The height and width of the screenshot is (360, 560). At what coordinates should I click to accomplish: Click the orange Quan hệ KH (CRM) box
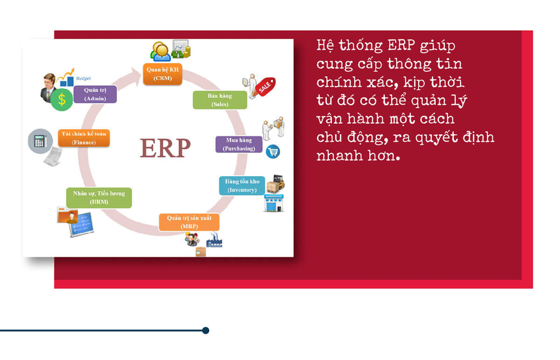point(162,74)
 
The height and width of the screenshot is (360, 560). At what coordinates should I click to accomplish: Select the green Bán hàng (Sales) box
point(220,100)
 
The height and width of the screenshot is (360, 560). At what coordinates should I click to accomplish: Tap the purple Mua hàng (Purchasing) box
point(239,145)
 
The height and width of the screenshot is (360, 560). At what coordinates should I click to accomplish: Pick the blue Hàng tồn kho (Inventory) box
point(242,186)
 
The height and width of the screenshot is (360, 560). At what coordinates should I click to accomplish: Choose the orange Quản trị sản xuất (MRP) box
point(189,222)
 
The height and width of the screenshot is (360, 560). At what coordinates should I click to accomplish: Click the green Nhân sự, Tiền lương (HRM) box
point(99,198)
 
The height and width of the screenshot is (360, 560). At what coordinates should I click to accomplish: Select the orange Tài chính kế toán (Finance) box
point(84,138)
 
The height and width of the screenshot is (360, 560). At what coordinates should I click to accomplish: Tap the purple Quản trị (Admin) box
point(95,94)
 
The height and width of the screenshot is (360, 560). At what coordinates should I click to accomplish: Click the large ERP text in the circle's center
point(165,148)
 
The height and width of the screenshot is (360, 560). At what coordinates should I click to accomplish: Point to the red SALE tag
point(266,86)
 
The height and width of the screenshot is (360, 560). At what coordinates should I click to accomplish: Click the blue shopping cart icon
point(273,152)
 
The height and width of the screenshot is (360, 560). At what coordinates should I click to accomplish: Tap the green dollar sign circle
point(62,100)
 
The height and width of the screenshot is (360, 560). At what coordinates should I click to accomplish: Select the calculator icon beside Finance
point(40,141)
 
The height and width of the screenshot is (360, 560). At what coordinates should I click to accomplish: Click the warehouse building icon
point(274,203)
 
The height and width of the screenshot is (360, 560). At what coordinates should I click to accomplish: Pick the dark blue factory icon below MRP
point(214,240)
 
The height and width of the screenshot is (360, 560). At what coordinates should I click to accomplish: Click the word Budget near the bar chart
point(84,78)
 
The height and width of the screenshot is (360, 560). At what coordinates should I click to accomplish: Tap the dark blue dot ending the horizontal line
point(206,331)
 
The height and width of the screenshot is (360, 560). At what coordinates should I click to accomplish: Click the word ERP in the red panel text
point(401,45)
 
